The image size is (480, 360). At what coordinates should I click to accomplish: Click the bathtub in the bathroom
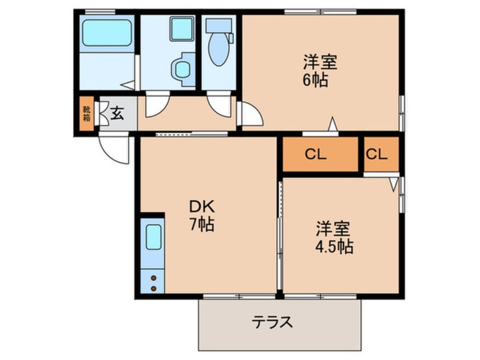click(107, 33)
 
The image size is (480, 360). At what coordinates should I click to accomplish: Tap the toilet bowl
click(218, 49)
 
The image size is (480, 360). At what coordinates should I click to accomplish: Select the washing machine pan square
click(182, 29)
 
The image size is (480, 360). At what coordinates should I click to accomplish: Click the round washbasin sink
click(183, 69)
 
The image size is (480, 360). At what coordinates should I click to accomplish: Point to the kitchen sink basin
click(153, 237)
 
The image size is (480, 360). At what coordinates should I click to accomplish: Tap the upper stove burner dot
click(153, 278)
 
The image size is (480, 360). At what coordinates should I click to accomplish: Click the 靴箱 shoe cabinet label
click(87, 114)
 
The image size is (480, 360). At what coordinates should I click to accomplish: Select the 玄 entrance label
click(117, 114)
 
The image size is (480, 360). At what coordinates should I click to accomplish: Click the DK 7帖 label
click(202, 216)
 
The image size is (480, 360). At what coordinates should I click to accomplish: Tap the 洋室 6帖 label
click(320, 71)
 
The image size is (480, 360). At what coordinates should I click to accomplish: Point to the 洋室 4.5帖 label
click(334, 237)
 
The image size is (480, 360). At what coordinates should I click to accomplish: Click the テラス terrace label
click(272, 322)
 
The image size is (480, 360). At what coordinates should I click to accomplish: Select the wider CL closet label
click(315, 154)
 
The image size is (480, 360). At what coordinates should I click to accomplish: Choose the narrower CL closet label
click(377, 154)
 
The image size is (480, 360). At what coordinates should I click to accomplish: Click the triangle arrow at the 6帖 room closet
click(332, 124)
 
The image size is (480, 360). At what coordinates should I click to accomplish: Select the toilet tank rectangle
click(218, 26)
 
